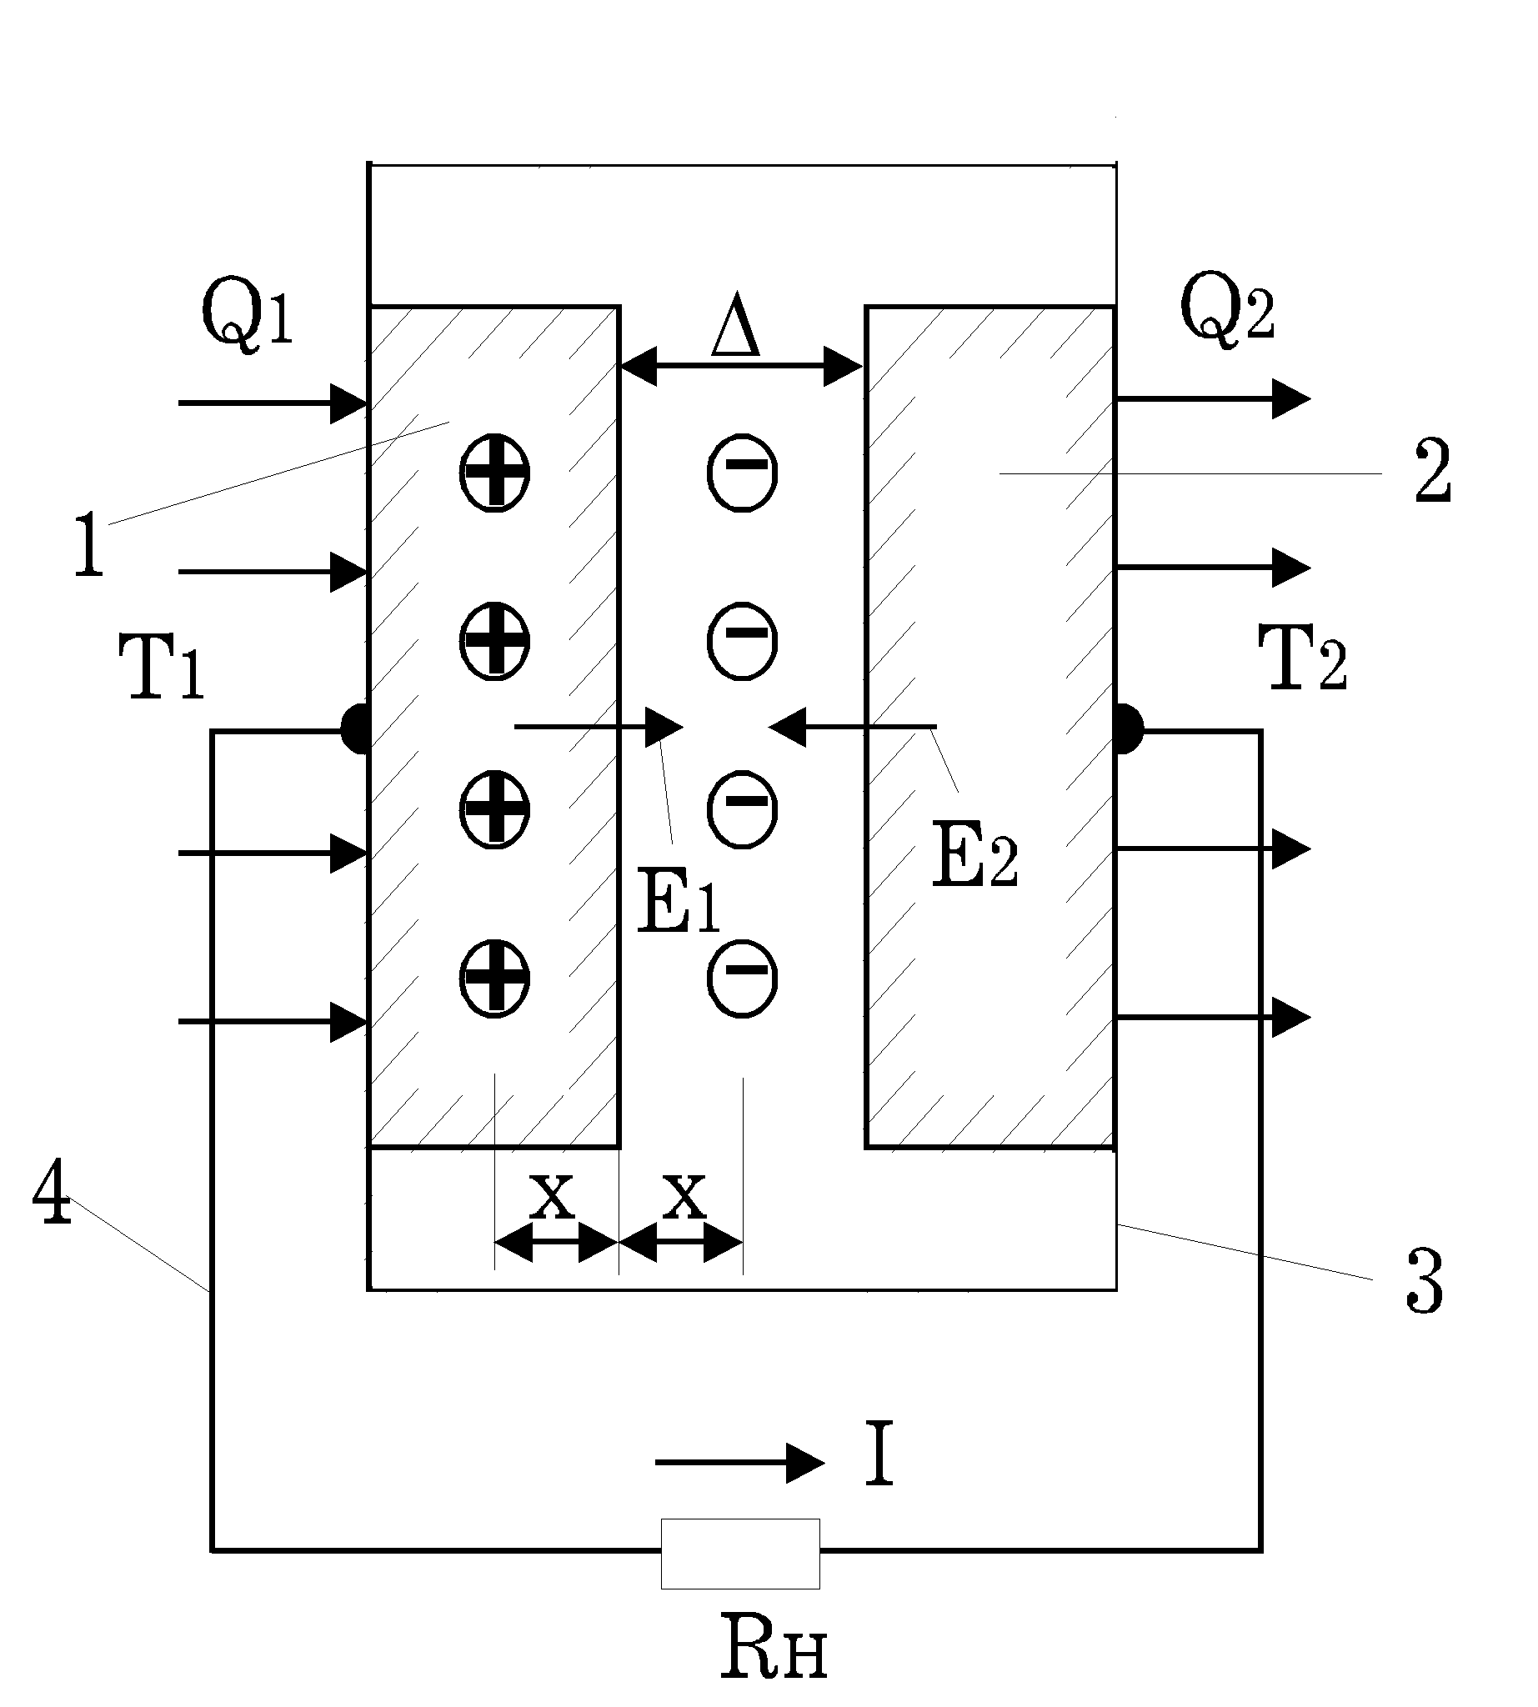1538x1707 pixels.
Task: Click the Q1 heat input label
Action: [x=248, y=313]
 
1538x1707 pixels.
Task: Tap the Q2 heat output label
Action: [x=1227, y=309]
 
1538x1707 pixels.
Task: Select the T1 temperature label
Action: [x=162, y=668]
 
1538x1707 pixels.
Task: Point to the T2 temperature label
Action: [x=1302, y=658]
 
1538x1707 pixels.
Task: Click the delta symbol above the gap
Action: [x=735, y=324]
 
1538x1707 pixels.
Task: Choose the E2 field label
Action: [x=975, y=855]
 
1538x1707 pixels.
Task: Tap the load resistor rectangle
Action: [x=740, y=1553]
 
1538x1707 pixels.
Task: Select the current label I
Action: [x=879, y=1454]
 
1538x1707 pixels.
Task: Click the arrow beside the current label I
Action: [x=739, y=1463]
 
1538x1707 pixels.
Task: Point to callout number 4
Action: [x=53, y=1192]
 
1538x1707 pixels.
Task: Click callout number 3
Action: [x=1425, y=1281]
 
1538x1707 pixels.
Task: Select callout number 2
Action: [x=1432, y=471]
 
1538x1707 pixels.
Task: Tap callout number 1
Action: [x=88, y=545]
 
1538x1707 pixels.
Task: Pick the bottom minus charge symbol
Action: [x=742, y=978]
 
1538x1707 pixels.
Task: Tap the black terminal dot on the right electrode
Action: [x=1129, y=728]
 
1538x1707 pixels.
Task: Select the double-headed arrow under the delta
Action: [x=741, y=367]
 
